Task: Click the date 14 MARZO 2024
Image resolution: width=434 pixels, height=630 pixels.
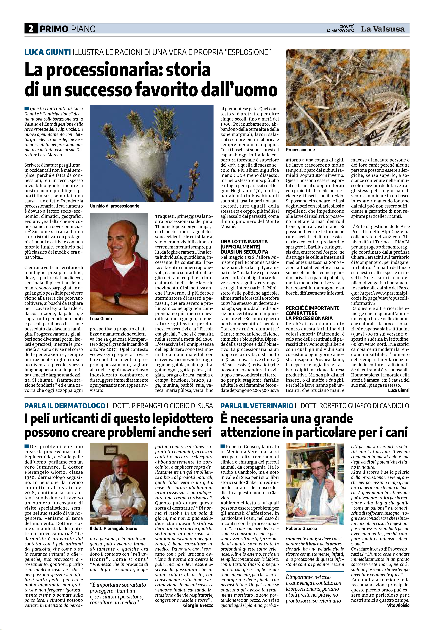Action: tap(340, 31)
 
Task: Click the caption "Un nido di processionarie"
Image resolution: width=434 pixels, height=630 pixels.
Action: tap(115, 206)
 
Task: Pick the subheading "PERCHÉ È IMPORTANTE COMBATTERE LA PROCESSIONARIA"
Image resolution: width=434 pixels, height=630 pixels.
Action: tap(312, 313)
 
